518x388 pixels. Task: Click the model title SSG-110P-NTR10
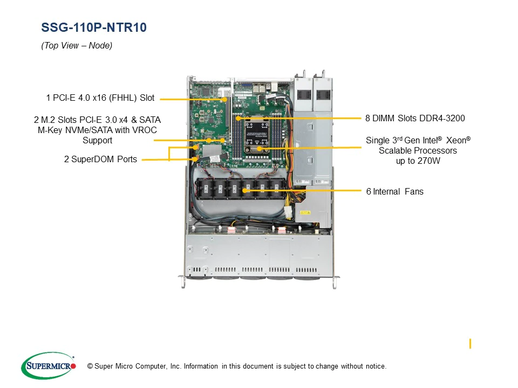coord(93,28)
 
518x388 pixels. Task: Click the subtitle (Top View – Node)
coord(77,46)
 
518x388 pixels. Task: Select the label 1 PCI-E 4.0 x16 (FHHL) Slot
coord(100,98)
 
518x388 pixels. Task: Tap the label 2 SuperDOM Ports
coord(100,159)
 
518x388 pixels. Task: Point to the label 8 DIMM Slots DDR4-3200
coord(414,118)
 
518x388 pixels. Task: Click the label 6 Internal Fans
coord(394,191)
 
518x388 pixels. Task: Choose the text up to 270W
coord(418,161)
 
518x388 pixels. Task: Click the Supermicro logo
coord(48,366)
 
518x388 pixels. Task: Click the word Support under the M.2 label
coord(97,140)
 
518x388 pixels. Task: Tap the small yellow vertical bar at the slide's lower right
coord(471,343)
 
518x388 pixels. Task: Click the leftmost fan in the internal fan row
coord(206,189)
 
